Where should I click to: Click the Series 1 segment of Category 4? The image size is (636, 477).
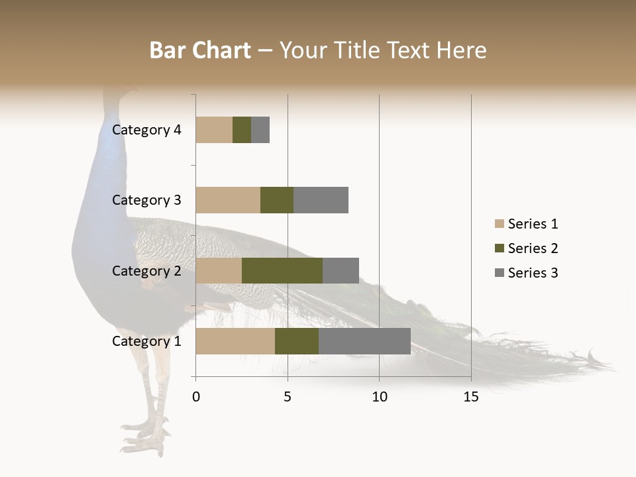coord(214,130)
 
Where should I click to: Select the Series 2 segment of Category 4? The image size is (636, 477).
coord(242,130)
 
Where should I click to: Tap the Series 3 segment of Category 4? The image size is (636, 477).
coord(260,130)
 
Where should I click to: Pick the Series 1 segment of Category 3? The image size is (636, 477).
coord(228,200)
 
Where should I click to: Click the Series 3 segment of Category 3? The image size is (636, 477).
coord(321,200)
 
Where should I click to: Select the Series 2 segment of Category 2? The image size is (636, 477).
coord(282,270)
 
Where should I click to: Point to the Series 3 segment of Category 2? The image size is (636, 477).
coord(341,270)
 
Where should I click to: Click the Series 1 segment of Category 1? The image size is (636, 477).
coord(235,341)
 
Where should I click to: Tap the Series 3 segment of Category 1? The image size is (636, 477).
coord(364,341)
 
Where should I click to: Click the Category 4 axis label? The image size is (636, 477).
coord(146,130)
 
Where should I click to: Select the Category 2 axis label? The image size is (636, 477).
coord(146,270)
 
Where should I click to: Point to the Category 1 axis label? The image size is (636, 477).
coord(146,341)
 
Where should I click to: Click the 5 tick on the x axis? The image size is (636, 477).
coord(288,397)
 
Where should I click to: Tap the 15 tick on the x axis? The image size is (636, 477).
coord(471,397)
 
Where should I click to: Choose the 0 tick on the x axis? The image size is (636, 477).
coord(196,397)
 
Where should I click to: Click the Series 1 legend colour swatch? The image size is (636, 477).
coord(499,224)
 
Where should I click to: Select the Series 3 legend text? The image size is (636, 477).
coord(533,273)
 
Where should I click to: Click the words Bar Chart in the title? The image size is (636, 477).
coord(200,50)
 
